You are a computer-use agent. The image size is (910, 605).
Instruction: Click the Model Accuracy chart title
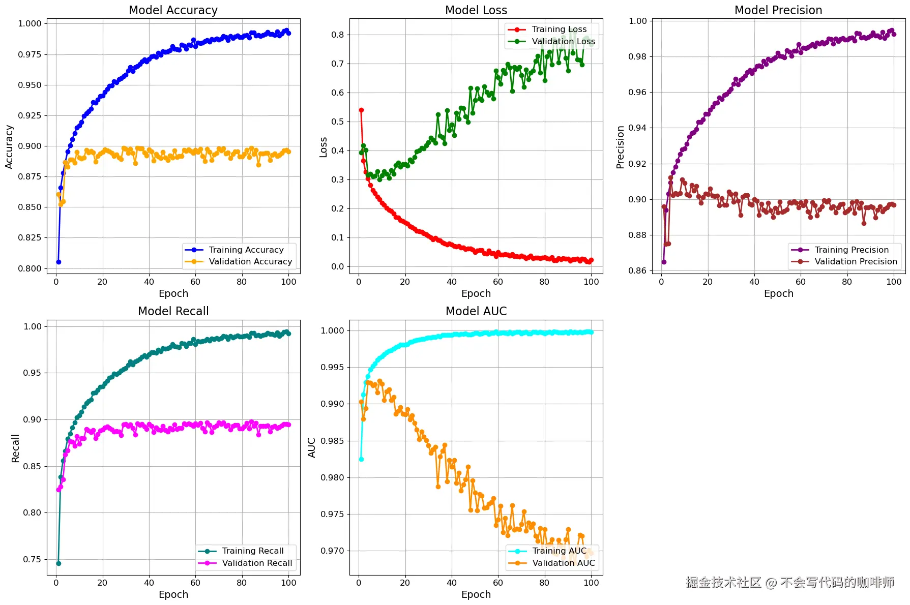click(x=173, y=10)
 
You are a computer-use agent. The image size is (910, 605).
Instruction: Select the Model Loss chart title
click(x=476, y=10)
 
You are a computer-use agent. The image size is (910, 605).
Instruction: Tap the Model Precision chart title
click(x=778, y=10)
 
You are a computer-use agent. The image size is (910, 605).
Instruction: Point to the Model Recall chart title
click(x=173, y=311)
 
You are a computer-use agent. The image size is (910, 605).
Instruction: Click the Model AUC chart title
click(x=476, y=311)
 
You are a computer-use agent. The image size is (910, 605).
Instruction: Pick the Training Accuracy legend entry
click(x=246, y=250)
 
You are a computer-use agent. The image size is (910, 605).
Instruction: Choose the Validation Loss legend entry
click(x=563, y=41)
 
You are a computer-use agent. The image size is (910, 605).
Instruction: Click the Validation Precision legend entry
click(x=856, y=261)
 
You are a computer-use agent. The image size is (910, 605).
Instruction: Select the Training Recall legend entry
click(x=253, y=551)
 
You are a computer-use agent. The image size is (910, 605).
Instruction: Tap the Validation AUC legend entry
click(x=563, y=563)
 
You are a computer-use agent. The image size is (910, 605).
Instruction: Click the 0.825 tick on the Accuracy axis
click(x=30, y=237)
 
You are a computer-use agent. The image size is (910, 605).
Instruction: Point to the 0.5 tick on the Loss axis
click(x=338, y=122)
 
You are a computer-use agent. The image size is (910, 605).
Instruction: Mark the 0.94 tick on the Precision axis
click(x=637, y=128)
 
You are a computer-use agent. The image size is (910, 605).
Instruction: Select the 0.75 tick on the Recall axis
click(x=32, y=559)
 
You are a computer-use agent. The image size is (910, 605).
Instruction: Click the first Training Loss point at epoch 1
click(x=361, y=110)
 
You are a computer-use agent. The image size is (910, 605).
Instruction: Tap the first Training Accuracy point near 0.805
click(x=58, y=262)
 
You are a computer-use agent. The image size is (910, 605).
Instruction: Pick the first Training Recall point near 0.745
click(x=58, y=563)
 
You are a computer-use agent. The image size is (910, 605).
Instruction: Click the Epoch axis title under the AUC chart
click(x=476, y=594)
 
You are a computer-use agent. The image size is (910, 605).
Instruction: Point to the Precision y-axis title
click(x=620, y=147)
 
